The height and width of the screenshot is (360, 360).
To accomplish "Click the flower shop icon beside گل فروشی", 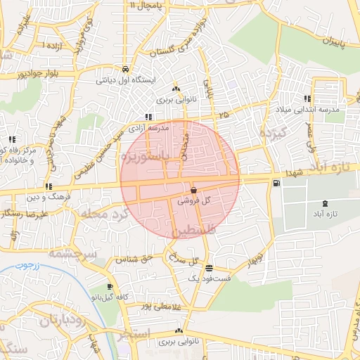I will point(193,191).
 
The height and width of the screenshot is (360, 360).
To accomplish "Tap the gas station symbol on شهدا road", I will point(275,184).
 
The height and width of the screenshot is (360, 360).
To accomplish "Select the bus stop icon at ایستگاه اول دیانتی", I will point(124,70).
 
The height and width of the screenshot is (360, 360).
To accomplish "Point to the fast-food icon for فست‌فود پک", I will point(209,268).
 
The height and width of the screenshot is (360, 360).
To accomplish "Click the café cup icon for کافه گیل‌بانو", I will point(110,287).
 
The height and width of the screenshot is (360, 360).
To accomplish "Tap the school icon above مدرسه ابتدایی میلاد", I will point(307,99).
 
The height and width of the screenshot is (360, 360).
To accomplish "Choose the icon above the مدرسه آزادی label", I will point(148,117).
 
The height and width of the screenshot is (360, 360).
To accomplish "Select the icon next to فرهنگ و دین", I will point(48,187).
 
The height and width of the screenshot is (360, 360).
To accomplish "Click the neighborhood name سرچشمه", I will point(71,251).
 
